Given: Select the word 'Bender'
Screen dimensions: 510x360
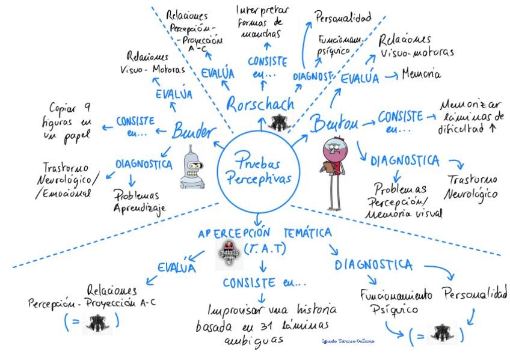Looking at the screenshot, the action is coord(193,129).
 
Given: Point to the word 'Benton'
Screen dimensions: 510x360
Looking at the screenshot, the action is coord(334,124).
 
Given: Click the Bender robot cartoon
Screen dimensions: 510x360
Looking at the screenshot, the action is coord(194,167).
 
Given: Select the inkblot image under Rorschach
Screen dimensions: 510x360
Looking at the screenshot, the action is coord(278,123).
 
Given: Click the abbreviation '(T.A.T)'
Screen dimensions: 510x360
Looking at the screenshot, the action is coord(265,248).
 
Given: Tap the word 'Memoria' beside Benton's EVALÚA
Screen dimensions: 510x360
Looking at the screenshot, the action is coord(422,75).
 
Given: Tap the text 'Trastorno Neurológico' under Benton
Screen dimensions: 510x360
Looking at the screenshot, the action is coord(471,187).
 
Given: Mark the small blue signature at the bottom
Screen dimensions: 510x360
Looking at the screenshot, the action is coord(348,341).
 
